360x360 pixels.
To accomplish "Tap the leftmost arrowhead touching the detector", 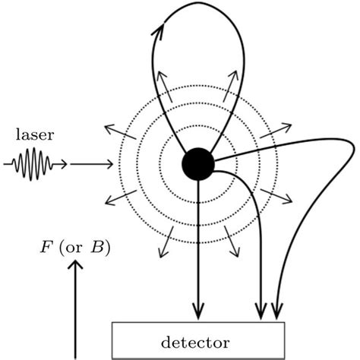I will [199, 311].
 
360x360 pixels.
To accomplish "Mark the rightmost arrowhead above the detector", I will [276, 311].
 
